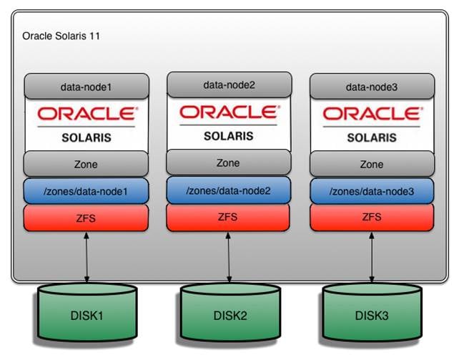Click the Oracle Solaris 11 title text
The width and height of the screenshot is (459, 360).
[x=61, y=35]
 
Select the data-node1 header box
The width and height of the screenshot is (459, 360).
[x=86, y=87]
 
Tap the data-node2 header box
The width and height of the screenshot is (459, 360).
[x=229, y=85]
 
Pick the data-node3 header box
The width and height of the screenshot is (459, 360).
[x=371, y=87]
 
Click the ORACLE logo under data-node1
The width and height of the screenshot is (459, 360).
[x=86, y=113]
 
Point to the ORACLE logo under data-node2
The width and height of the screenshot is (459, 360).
[x=229, y=112]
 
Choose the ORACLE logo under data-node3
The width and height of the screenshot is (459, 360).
[x=371, y=113]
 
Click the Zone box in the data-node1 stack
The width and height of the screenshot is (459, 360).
[x=86, y=164]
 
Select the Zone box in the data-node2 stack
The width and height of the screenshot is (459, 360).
[x=229, y=162]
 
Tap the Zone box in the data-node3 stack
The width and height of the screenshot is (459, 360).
[x=371, y=164]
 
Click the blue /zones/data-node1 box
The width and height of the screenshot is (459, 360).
[x=86, y=191]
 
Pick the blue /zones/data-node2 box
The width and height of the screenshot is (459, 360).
[x=229, y=190]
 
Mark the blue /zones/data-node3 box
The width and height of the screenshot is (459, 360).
[x=371, y=191]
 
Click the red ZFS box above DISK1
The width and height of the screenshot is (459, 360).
[x=86, y=218]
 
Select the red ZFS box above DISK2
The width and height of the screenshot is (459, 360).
[x=229, y=216]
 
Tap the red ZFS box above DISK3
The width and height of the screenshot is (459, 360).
[x=371, y=218]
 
